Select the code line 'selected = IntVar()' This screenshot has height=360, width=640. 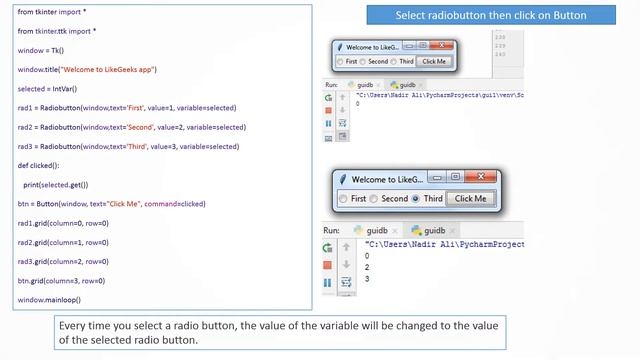51,88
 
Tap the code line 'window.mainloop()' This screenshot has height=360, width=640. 48,299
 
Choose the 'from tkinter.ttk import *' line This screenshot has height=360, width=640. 57,30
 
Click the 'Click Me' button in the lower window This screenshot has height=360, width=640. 471,198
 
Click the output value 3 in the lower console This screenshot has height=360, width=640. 367,278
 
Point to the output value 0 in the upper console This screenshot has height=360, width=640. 358,104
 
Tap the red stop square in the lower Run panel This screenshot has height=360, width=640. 327,265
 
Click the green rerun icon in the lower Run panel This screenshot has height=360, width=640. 327,247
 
